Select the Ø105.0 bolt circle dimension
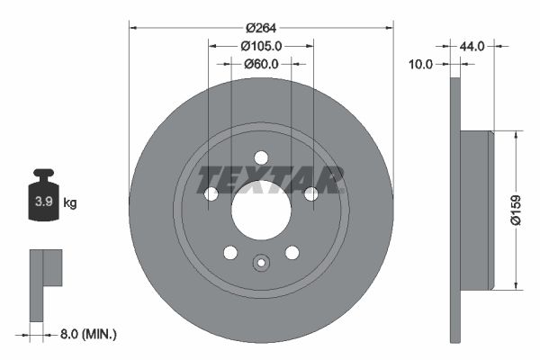point(261,46)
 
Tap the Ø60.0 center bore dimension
point(261,64)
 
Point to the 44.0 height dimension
point(472,46)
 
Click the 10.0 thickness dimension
point(421,64)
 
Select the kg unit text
point(70,203)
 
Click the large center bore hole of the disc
point(261,210)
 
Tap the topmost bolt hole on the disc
point(261,157)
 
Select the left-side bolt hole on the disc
point(211,193)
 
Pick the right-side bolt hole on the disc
point(311,193)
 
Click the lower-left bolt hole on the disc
point(229,253)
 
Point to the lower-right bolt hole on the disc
point(292,253)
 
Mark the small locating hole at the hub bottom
point(261,264)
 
